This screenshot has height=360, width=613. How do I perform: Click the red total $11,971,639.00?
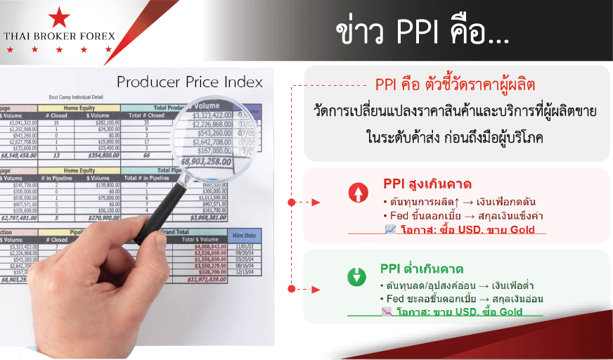[212, 279]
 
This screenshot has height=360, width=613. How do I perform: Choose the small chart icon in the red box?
[390, 229]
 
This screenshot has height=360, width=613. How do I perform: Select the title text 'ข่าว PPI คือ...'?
[422, 33]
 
